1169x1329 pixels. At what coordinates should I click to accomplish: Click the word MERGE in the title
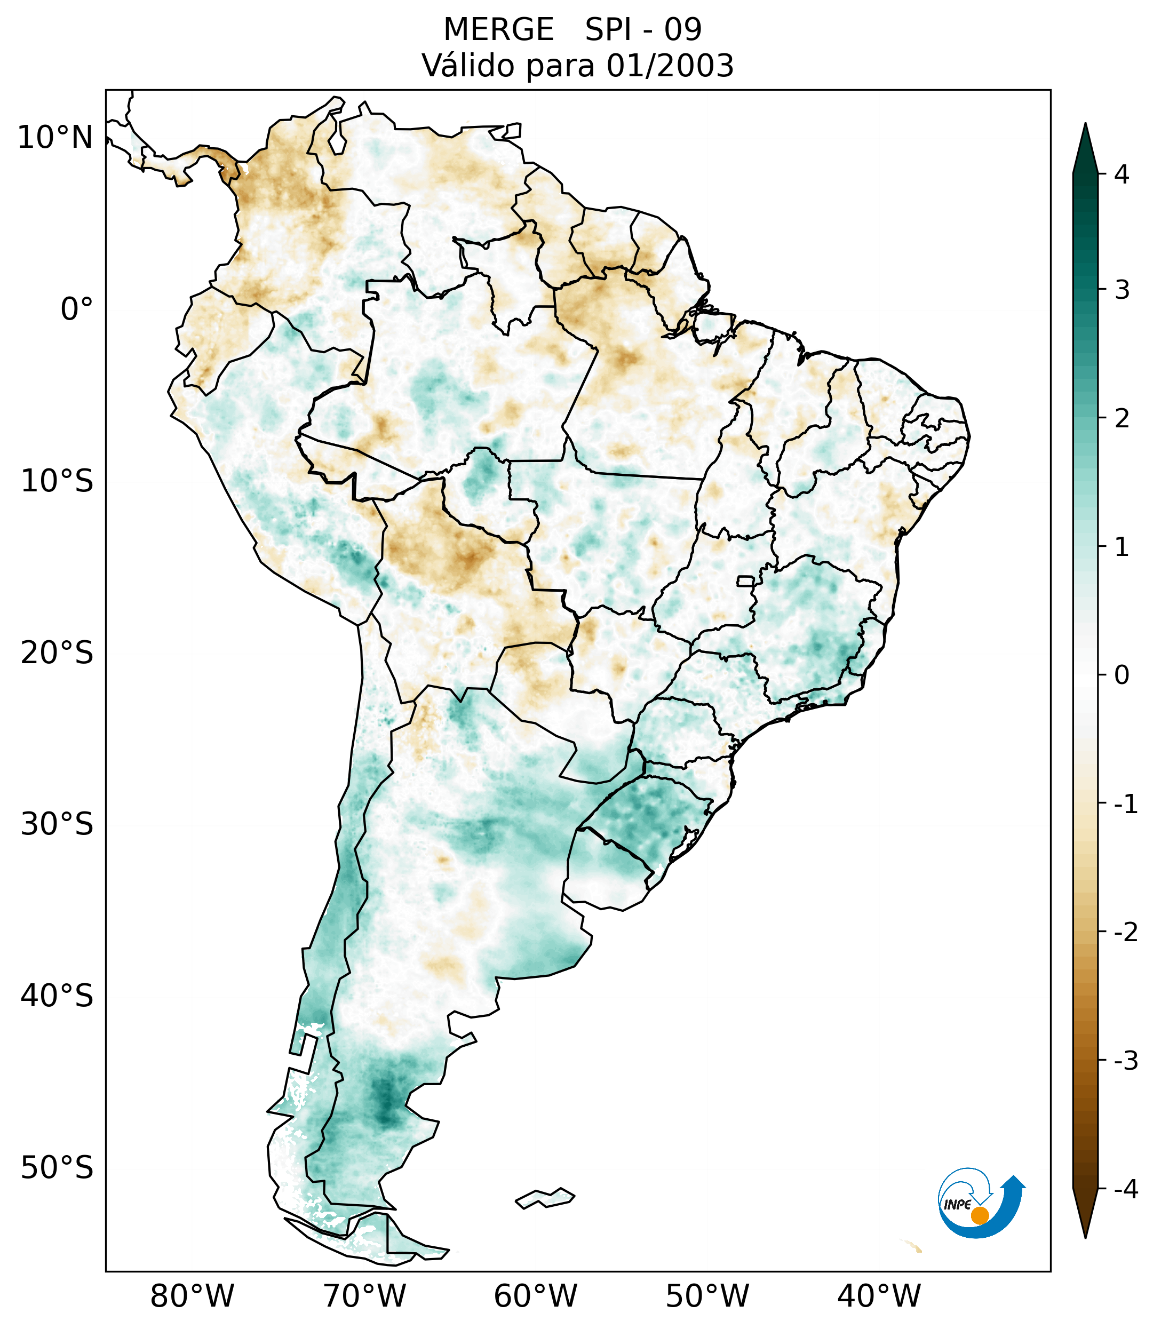(x=499, y=30)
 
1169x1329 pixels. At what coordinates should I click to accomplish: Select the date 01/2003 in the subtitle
(x=670, y=66)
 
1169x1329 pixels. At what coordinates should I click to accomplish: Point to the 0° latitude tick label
(x=77, y=309)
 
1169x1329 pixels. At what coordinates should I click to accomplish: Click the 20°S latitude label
(x=57, y=653)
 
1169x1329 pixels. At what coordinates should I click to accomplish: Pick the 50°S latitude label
(x=57, y=1168)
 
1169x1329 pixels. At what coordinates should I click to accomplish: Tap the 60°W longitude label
(x=535, y=1296)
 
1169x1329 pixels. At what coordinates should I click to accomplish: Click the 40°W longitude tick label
(x=879, y=1296)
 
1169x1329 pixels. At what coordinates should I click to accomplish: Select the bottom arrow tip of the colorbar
(x=1085, y=1237)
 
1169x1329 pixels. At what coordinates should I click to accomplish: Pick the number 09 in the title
(x=683, y=30)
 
